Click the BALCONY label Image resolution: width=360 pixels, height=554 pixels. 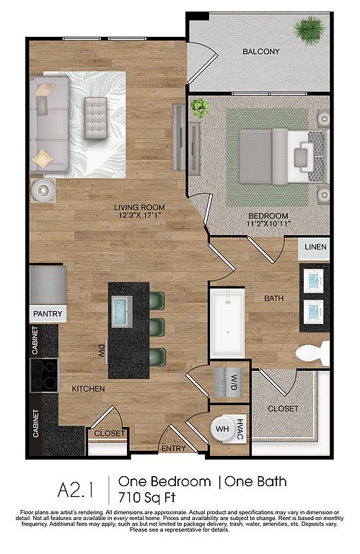[x=260, y=52]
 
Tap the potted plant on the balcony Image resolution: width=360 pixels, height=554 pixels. [x=309, y=30]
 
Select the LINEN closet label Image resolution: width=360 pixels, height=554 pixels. [x=315, y=247]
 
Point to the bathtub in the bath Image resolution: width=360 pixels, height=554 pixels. [x=227, y=323]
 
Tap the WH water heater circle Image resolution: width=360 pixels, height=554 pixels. [x=223, y=429]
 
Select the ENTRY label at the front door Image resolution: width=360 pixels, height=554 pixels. [x=173, y=449]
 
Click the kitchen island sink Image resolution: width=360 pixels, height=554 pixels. [x=122, y=312]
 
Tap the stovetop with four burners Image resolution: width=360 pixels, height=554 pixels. [x=45, y=375]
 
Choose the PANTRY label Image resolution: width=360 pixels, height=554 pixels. [x=48, y=314]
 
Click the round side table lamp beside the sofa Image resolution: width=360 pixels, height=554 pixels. [x=43, y=190]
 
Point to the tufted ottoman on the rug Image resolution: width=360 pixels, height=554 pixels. [x=96, y=118]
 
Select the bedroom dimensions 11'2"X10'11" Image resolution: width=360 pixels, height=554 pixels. [x=268, y=224]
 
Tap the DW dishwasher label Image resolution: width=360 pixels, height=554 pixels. [x=102, y=352]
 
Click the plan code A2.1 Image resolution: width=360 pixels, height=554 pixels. [x=76, y=490]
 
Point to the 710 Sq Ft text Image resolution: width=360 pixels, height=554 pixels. [x=147, y=498]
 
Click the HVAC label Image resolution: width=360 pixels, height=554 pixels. [x=240, y=429]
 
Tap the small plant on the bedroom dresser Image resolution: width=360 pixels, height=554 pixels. [x=200, y=107]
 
